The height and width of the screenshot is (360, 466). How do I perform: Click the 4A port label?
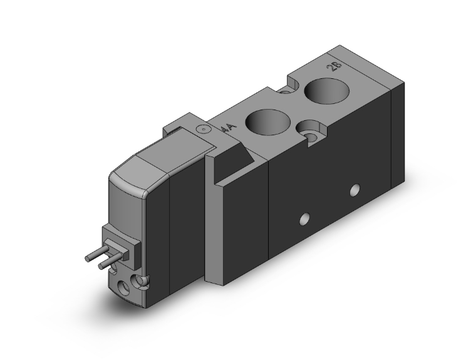[x=230, y=128]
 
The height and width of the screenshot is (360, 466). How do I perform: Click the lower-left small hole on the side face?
[x=304, y=219]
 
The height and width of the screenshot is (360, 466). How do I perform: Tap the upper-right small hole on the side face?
[x=355, y=188]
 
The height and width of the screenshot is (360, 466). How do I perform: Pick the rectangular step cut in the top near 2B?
[x=294, y=83]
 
